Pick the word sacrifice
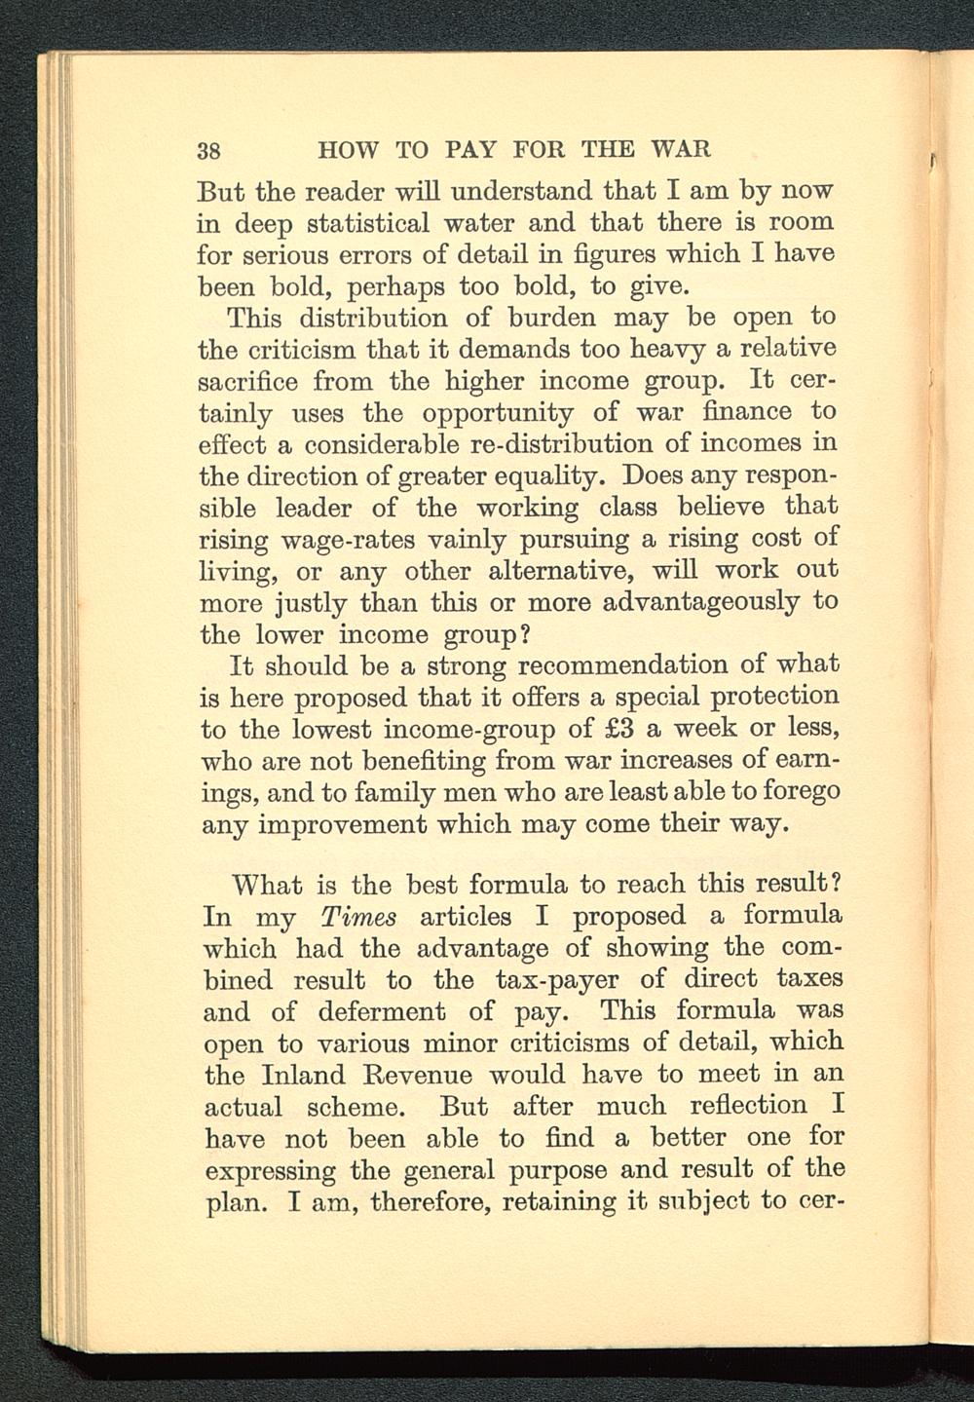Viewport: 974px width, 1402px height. tap(246, 380)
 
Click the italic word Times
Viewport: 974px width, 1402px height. tap(357, 917)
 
